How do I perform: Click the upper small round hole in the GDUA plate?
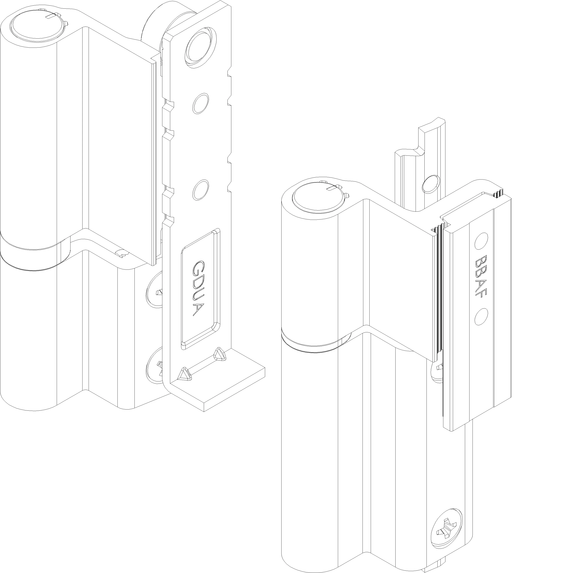[201, 103]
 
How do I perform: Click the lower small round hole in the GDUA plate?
[201, 190]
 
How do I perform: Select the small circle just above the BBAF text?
[481, 241]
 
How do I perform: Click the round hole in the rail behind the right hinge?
[431, 184]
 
